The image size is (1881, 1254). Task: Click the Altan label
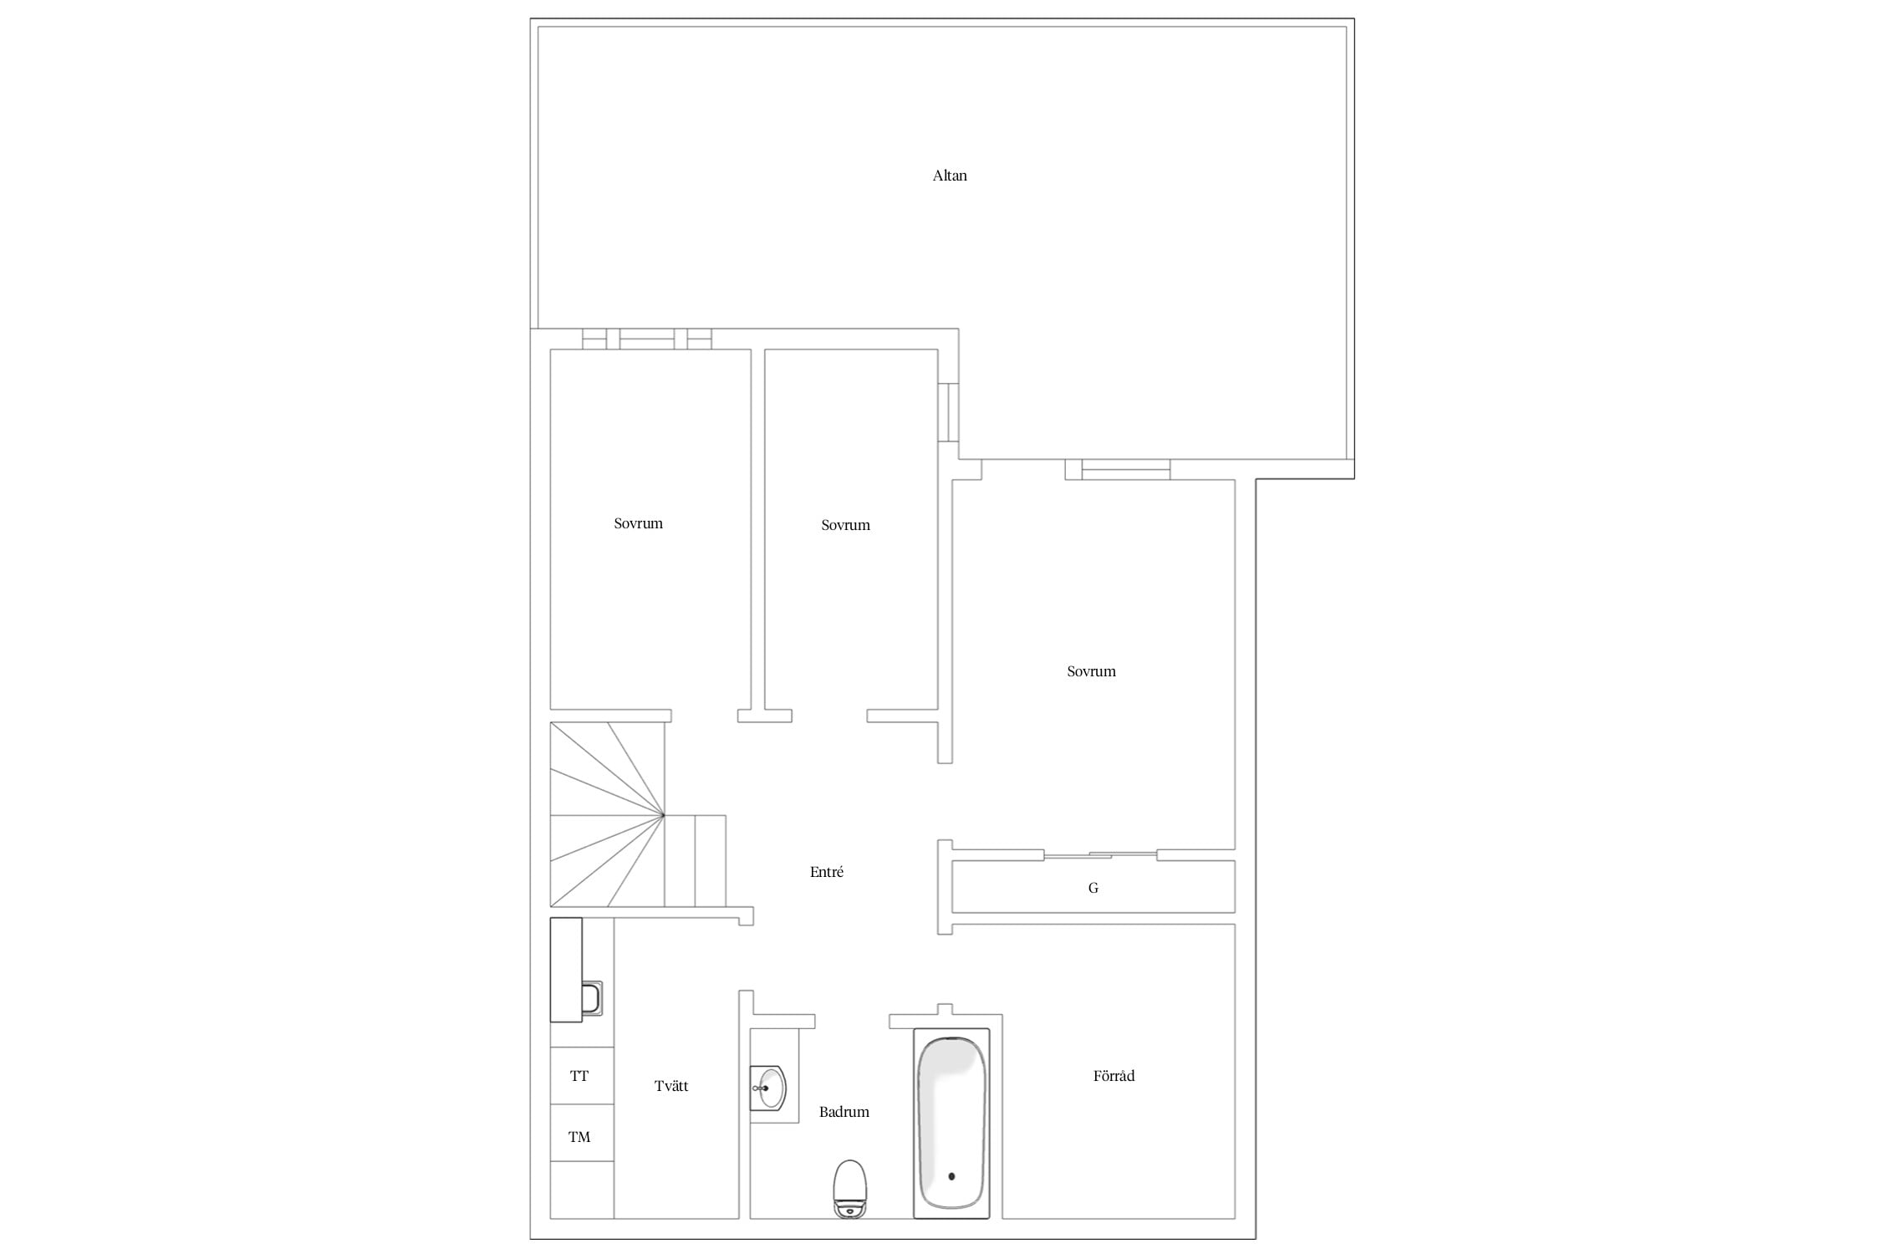click(x=950, y=176)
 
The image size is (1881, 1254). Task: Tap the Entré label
click(x=827, y=872)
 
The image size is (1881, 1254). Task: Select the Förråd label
click(x=1114, y=1076)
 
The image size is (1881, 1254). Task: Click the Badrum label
click(x=844, y=1112)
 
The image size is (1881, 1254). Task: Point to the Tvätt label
click(x=671, y=1086)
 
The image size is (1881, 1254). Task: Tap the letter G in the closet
click(x=1093, y=888)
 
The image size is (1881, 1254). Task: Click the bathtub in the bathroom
click(x=951, y=1123)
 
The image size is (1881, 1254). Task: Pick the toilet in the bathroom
click(x=850, y=1188)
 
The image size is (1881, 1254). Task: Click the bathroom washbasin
click(x=768, y=1088)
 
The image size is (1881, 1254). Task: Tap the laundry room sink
click(x=590, y=998)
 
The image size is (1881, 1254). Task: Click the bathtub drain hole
click(x=951, y=1176)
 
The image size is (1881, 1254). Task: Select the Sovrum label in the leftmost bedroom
click(x=638, y=523)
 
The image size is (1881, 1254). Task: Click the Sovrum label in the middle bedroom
click(x=845, y=525)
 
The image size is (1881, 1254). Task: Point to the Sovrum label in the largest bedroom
click(x=1091, y=671)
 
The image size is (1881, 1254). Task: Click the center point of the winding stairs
click(x=664, y=814)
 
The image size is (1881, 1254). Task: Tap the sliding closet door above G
click(x=1100, y=854)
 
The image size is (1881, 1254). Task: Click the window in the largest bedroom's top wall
click(x=1125, y=470)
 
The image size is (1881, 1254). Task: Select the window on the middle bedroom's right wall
click(x=948, y=412)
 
